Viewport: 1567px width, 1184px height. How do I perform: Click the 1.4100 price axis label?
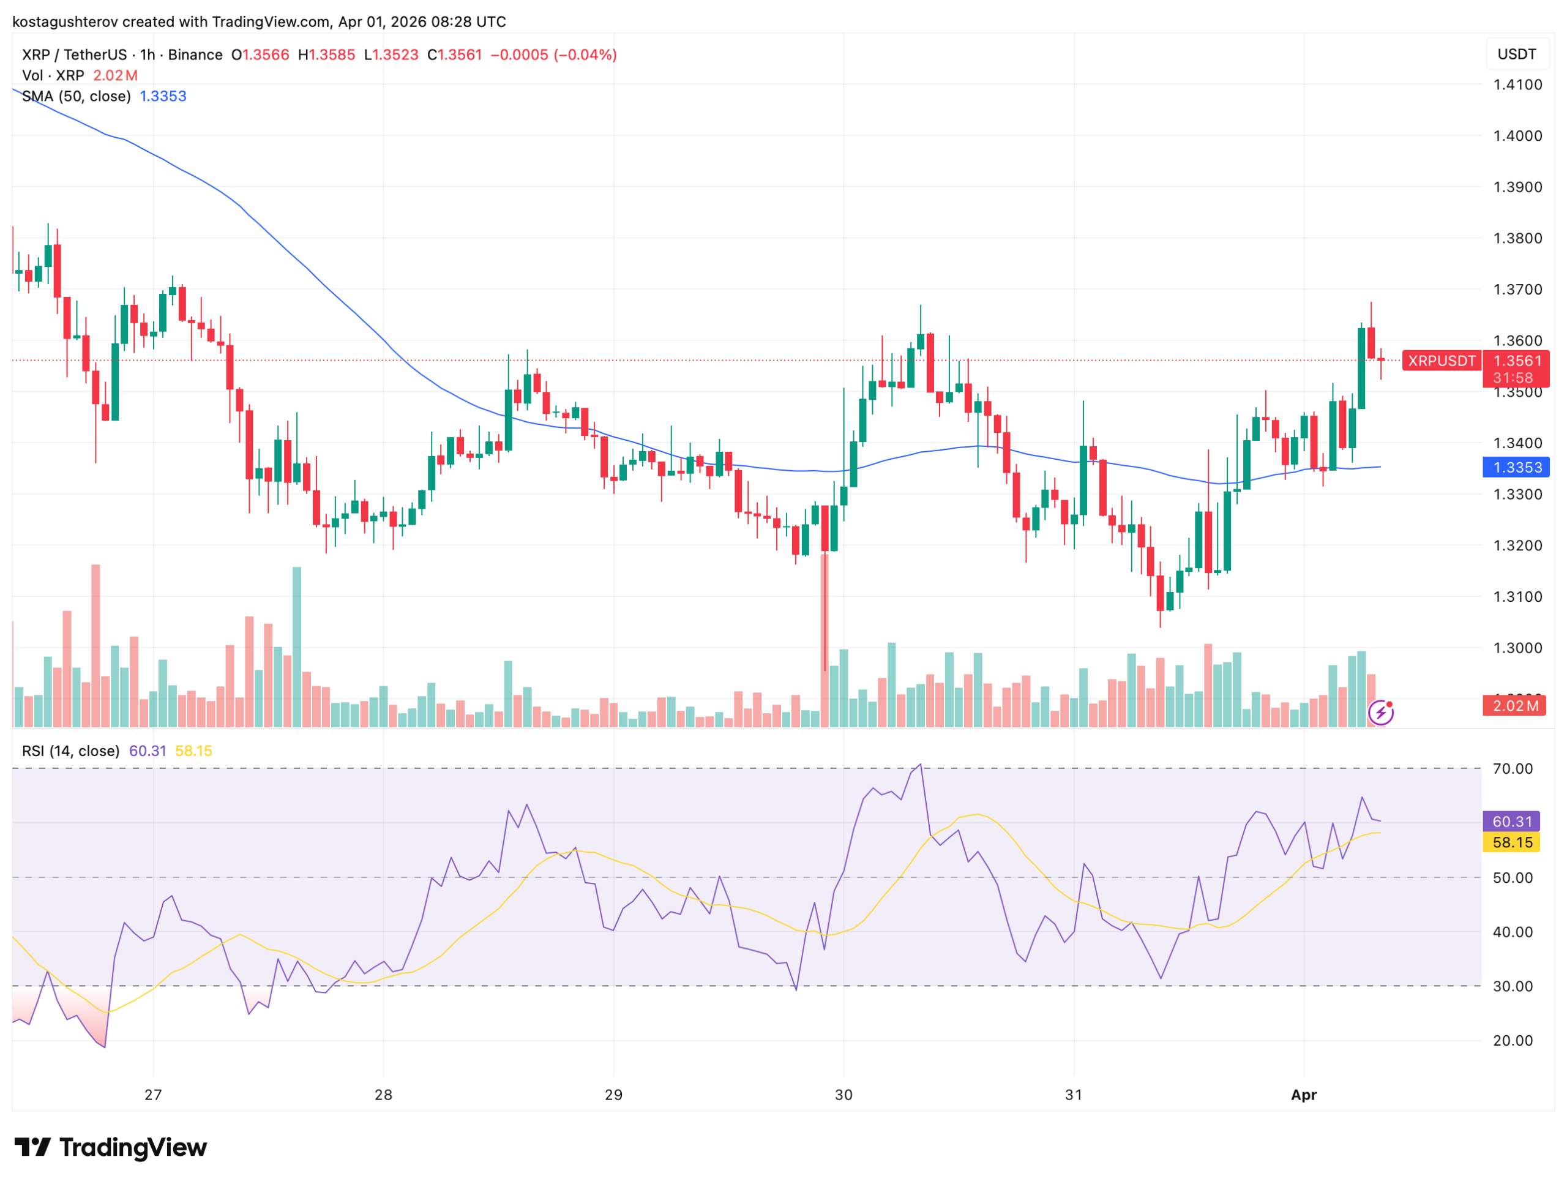pos(1517,85)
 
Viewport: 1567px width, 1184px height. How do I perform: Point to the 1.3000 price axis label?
pos(1517,648)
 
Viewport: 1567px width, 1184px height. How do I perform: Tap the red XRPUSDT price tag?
pos(1441,361)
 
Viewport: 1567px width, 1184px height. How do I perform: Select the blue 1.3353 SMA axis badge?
pos(1516,468)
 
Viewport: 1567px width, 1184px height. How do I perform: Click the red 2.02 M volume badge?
pos(1514,706)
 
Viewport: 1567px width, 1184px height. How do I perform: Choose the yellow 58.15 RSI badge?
pos(1512,842)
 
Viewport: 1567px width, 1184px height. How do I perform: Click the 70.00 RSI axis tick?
pos(1513,769)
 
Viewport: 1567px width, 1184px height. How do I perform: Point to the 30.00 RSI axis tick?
pos(1513,986)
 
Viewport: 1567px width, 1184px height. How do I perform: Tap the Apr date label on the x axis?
pos(1303,1095)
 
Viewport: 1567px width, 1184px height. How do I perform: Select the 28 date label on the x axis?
pos(383,1095)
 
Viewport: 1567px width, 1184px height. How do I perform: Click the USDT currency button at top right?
pos(1516,54)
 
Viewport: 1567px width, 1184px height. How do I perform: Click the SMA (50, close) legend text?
pos(77,96)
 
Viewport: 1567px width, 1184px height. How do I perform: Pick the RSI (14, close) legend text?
pos(71,751)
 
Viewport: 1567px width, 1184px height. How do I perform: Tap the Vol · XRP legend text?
pos(53,76)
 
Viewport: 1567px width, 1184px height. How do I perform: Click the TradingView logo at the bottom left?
pos(111,1147)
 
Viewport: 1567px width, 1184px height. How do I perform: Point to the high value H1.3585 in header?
pos(327,55)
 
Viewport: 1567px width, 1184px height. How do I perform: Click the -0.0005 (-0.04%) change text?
pos(554,55)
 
